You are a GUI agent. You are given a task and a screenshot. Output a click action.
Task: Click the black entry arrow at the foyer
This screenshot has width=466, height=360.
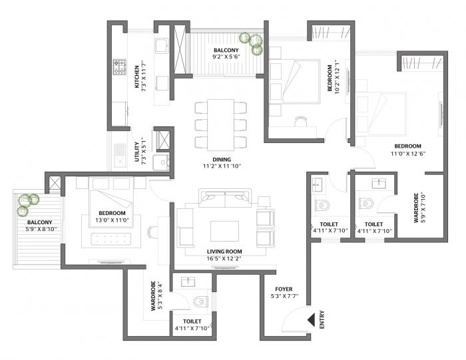[x=310, y=320]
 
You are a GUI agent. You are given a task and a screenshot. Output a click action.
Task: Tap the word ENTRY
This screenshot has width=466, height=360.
[x=322, y=320]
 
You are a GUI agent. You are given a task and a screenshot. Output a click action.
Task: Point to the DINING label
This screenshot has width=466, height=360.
[x=222, y=160]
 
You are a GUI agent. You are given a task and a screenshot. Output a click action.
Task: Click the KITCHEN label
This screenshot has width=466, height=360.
[x=137, y=77]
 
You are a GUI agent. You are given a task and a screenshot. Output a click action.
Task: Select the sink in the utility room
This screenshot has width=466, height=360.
[x=119, y=154]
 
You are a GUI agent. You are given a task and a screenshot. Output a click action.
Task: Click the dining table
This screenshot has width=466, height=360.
[x=221, y=124]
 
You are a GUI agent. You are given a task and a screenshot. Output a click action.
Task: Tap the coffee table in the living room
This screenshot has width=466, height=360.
[x=224, y=230]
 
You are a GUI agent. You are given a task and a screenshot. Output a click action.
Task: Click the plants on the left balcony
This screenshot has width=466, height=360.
[x=26, y=204]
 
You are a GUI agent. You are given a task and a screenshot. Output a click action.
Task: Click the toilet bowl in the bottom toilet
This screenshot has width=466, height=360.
[x=199, y=302]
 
